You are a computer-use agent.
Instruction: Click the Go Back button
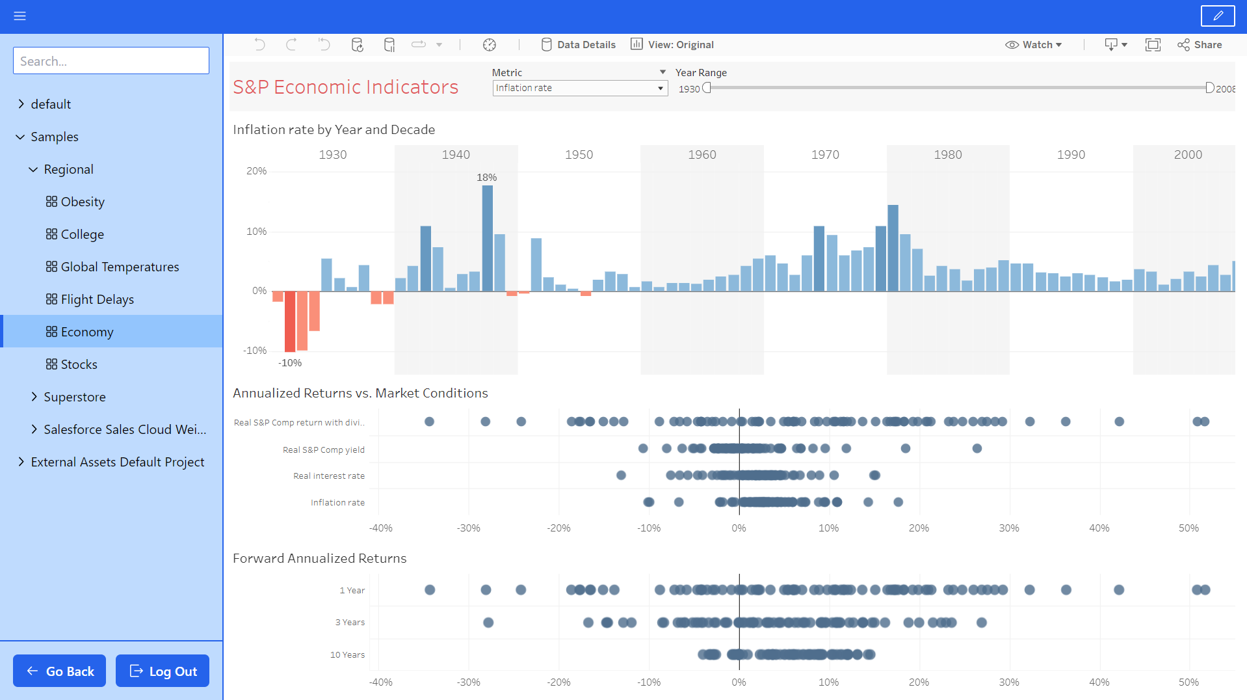click(x=59, y=671)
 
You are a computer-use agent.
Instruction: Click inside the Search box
click(x=111, y=61)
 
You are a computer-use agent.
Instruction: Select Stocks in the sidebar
click(x=79, y=364)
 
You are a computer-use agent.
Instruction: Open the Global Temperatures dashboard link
click(x=120, y=267)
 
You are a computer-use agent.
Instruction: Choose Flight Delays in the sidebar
click(x=97, y=299)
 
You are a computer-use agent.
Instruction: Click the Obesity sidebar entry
click(x=83, y=202)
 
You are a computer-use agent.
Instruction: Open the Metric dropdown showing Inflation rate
click(x=579, y=88)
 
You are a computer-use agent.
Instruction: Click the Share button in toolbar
click(x=1200, y=45)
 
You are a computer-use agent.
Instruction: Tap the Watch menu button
click(x=1033, y=45)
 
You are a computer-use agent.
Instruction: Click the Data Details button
click(x=578, y=45)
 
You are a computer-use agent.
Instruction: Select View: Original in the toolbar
click(x=672, y=45)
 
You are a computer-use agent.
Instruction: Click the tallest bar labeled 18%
click(x=487, y=237)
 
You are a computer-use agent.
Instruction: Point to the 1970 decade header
click(x=825, y=155)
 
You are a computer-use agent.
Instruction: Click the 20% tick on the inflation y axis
click(x=256, y=171)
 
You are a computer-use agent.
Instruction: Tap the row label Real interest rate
click(x=328, y=476)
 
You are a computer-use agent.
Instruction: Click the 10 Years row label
click(x=347, y=655)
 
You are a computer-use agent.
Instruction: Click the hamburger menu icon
click(x=20, y=16)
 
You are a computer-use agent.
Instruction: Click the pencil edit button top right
click(x=1217, y=16)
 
